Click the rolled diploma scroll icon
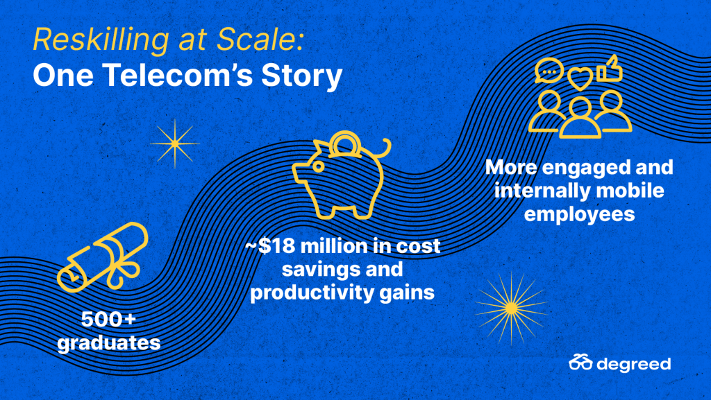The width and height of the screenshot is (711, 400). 103,256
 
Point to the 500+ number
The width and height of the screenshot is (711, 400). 108,320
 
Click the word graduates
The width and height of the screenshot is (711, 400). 109,342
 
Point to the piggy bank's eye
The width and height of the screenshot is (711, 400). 318,167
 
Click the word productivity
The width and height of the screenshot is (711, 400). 312,293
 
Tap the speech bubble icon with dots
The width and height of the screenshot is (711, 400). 549,71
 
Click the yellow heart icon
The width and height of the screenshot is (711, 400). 580,79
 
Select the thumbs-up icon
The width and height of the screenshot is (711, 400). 609,69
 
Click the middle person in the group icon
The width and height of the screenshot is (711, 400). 580,118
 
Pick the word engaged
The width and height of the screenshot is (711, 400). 586,168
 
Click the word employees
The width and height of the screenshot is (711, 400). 579,214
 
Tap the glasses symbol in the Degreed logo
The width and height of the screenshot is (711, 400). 581,363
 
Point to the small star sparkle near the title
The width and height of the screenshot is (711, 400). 175,144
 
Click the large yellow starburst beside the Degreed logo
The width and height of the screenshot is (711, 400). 511,308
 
